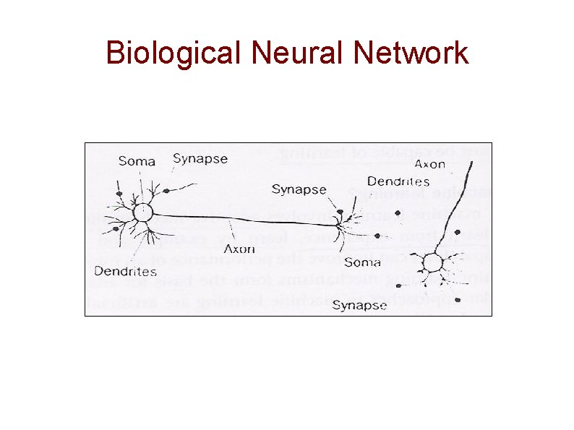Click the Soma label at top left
[137, 161]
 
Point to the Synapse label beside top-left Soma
[200, 159]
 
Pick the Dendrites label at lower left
[125, 272]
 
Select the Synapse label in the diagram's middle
[299, 189]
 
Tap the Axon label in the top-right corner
[450, 165]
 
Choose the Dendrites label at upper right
[398, 182]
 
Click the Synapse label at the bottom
[359, 306]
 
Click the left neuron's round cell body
[142, 212]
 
